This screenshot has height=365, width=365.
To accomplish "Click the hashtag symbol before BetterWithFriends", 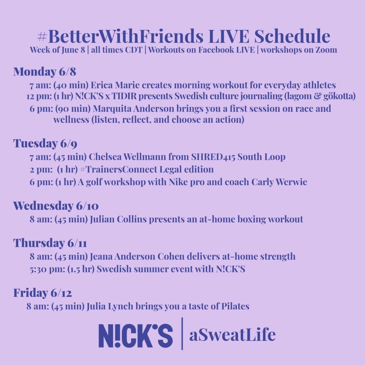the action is pyautogui.click(x=42, y=36).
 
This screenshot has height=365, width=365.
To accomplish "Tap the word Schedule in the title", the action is pyautogui.click(x=292, y=36).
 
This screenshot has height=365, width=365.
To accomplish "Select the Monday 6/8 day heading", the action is pyautogui.click(x=45, y=71).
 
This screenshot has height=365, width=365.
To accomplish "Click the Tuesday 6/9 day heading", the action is pyautogui.click(x=45, y=143).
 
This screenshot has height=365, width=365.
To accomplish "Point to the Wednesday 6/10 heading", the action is pyautogui.click(x=56, y=206).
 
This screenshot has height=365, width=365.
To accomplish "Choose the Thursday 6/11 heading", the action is pyautogui.click(x=50, y=243).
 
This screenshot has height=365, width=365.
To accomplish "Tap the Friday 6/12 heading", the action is pyautogui.click(x=43, y=293).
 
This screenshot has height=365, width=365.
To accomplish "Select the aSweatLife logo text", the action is pyautogui.click(x=232, y=334).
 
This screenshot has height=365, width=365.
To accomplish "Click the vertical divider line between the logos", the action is pyautogui.click(x=182, y=334).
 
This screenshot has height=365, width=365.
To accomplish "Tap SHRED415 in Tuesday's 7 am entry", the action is pyautogui.click(x=213, y=157).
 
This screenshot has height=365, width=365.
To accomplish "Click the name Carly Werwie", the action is pyautogui.click(x=279, y=182).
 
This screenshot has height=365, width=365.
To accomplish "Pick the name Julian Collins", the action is pyautogui.click(x=118, y=219).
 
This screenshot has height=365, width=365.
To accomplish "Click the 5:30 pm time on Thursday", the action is pyautogui.click(x=47, y=269).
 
